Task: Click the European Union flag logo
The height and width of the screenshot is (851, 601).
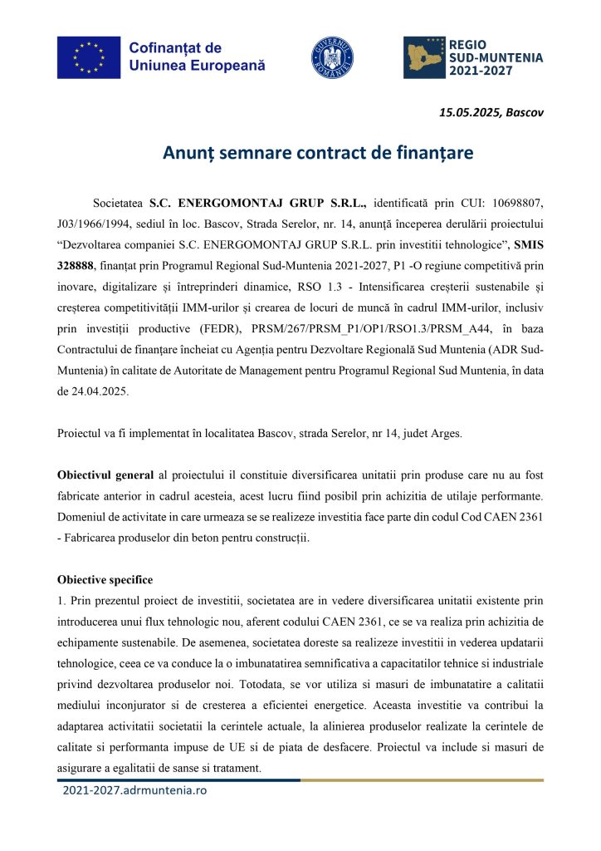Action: pos(89,57)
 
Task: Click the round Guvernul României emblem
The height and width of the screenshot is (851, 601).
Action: pos(332,57)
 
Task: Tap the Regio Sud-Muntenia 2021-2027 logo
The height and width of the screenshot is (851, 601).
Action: pos(473,57)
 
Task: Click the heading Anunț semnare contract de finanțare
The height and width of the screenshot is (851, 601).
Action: pos(300,153)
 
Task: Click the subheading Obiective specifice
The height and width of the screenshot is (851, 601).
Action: pos(105,579)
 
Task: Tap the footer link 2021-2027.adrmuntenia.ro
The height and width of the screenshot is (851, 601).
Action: pos(134,790)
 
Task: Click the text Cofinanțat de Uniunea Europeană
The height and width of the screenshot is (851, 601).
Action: pos(197,57)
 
